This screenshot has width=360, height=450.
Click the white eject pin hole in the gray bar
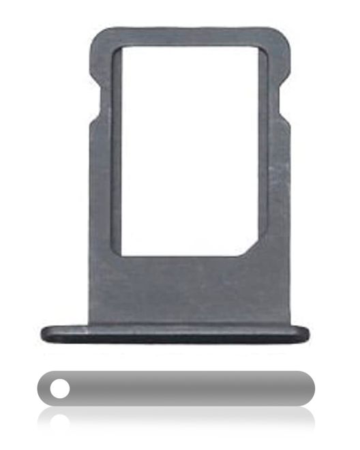point(60,389)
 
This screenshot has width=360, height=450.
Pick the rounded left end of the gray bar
point(42,389)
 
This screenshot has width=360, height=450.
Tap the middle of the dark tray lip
point(175,334)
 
